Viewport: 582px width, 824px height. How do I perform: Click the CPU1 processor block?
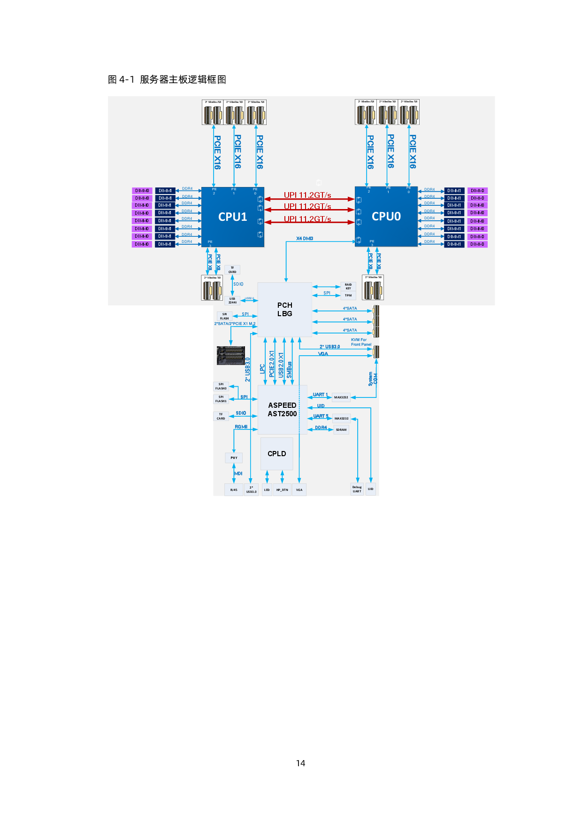tap(233, 217)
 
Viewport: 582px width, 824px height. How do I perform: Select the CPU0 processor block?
tap(386, 216)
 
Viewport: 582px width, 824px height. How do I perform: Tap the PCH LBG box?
tap(284, 310)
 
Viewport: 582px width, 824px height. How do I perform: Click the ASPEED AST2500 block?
tap(282, 410)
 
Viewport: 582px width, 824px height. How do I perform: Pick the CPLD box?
tap(276, 454)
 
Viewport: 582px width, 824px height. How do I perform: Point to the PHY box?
tap(234, 458)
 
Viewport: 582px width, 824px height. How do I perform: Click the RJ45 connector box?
tap(234, 490)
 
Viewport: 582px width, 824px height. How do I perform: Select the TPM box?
tap(348, 295)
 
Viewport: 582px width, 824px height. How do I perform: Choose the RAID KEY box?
tap(348, 287)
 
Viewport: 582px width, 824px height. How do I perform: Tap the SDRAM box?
tap(341, 430)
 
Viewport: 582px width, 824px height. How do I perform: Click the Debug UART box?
tap(357, 490)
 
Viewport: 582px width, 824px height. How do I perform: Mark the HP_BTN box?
tap(282, 490)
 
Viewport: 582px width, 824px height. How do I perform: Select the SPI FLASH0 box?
tap(221, 387)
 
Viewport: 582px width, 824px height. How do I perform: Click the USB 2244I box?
tap(232, 301)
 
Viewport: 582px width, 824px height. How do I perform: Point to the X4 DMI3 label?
tap(305, 239)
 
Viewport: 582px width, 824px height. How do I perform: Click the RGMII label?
tap(241, 427)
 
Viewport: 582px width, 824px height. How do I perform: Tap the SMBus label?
tap(289, 370)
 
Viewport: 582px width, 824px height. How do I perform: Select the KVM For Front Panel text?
tap(361, 342)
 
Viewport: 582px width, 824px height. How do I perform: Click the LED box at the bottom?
tap(267, 490)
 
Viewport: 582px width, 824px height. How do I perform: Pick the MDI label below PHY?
tap(238, 474)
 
